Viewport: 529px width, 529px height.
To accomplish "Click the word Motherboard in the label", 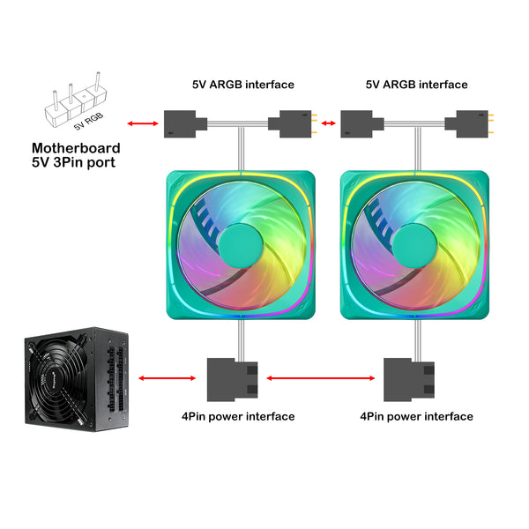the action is pyautogui.click(x=76, y=148).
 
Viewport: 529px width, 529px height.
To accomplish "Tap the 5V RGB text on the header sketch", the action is pyautogui.click(x=88, y=122).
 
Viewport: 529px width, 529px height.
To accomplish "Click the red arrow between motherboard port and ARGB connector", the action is pyautogui.click(x=143, y=123).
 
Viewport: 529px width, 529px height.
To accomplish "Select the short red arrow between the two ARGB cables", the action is pyautogui.click(x=328, y=123).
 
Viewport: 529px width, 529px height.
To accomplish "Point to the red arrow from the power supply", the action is pyautogui.click(x=167, y=378).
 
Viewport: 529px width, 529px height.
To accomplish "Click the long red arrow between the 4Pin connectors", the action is pyautogui.click(x=321, y=378).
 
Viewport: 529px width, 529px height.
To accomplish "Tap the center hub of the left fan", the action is pyautogui.click(x=241, y=246).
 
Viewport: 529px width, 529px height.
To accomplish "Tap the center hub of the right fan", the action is pyautogui.click(x=414, y=246).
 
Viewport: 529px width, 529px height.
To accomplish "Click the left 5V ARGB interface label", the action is pyautogui.click(x=243, y=85).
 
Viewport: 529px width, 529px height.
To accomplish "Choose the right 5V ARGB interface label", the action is pyautogui.click(x=417, y=85).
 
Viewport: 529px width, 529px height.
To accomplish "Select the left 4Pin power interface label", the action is pyautogui.click(x=238, y=416).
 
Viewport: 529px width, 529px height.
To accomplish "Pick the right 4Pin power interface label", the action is pyautogui.click(x=416, y=416).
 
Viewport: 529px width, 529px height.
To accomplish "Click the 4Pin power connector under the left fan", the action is pyautogui.click(x=232, y=380).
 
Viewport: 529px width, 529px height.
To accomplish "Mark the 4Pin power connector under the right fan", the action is pyautogui.click(x=409, y=380).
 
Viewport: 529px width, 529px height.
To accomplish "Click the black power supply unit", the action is pyautogui.click(x=77, y=379).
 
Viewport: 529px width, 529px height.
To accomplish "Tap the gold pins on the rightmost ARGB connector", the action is pyautogui.click(x=491, y=123).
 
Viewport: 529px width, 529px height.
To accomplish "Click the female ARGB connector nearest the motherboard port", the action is pyautogui.click(x=185, y=123).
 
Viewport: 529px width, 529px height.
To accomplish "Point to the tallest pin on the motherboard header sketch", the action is pyautogui.click(x=98, y=81).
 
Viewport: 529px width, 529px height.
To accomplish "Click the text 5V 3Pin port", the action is pyautogui.click(x=73, y=162).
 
